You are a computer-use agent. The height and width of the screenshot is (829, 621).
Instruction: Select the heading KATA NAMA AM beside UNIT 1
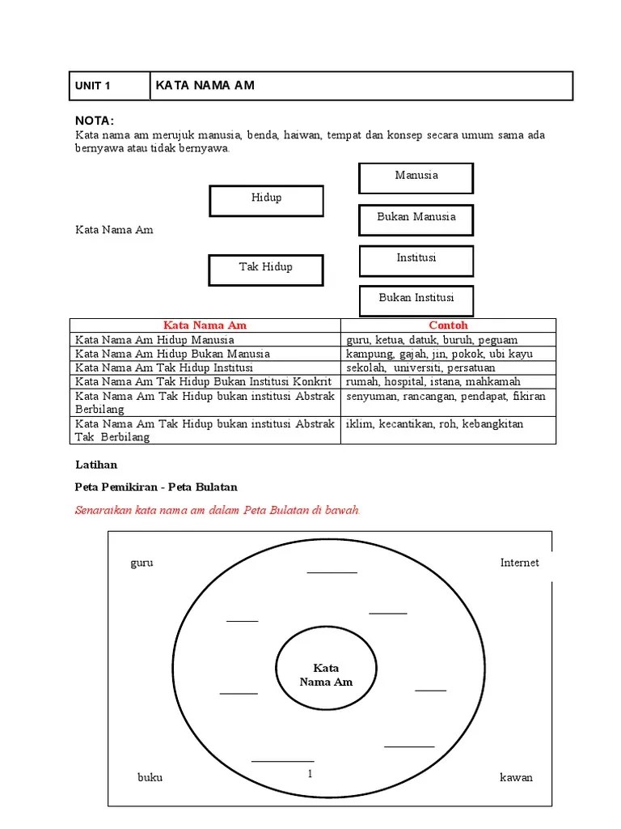[x=205, y=85]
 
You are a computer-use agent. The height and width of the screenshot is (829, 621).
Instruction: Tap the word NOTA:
[x=95, y=120]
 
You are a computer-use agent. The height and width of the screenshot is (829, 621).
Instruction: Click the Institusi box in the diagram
[x=416, y=259]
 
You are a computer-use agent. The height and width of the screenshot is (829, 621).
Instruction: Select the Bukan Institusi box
[x=416, y=299]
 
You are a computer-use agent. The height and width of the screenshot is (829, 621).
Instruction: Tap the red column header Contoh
[x=448, y=325]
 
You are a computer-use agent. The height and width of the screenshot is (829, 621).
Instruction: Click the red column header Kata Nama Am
[x=205, y=325]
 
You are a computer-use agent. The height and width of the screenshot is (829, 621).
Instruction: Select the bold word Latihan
[x=96, y=465]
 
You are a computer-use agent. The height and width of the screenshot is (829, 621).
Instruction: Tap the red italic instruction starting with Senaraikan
[x=218, y=511]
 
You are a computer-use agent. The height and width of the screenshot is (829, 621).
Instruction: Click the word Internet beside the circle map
[x=519, y=563]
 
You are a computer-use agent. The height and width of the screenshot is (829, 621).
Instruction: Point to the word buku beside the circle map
[x=150, y=777]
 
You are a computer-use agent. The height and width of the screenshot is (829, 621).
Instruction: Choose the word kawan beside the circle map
[x=516, y=777]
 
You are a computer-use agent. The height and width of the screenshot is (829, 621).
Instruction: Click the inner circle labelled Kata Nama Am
[x=326, y=674]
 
